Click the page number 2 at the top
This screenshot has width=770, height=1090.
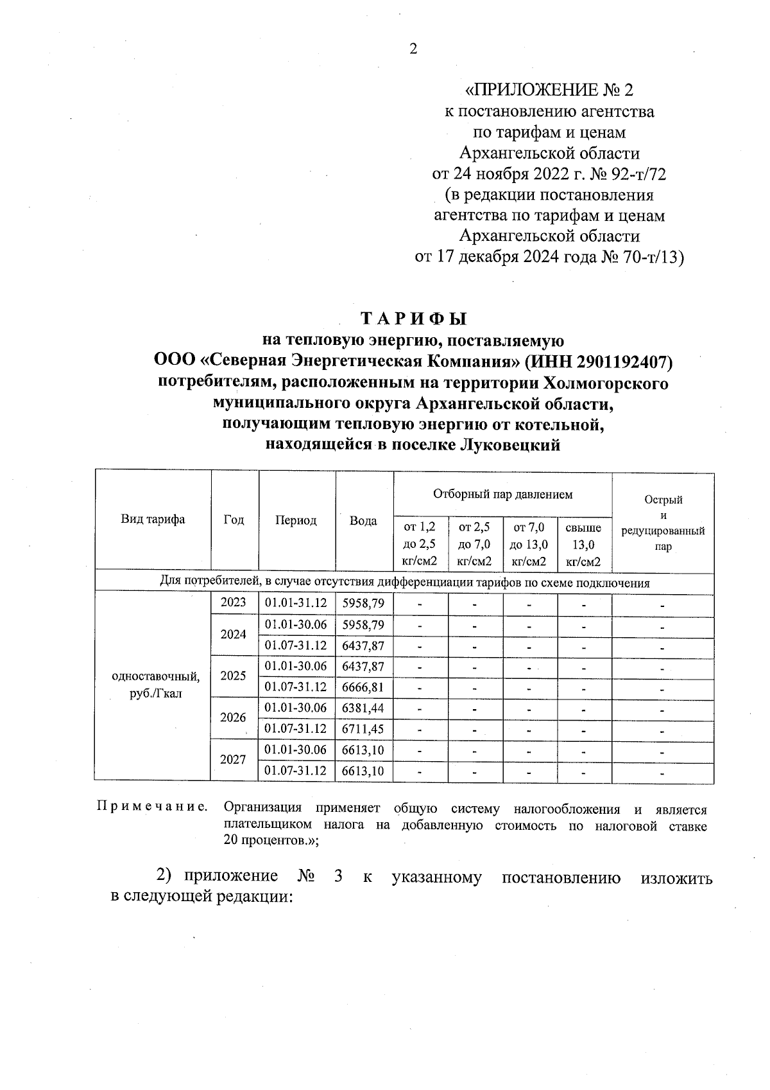pos(413,49)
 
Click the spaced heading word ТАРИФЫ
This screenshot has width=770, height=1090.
pos(413,319)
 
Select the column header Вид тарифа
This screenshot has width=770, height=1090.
pos(153,520)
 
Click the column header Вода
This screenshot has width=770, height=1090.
pos(363,521)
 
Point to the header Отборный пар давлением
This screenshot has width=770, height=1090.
pos(502,494)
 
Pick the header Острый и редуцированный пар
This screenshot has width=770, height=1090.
pos(663,522)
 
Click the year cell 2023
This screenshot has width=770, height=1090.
pos(234,602)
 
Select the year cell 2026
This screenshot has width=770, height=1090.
pos(234,717)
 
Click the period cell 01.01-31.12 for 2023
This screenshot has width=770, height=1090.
pos(296,602)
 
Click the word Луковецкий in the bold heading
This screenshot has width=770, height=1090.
pos(510,445)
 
